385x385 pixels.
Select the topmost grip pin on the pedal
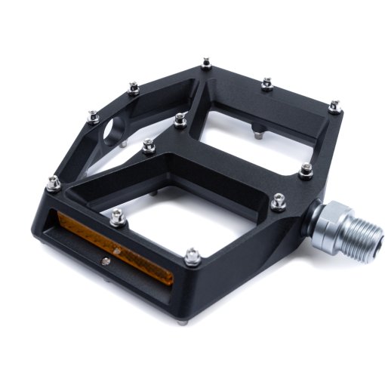(x=205, y=63)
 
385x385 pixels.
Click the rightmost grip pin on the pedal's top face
(x=334, y=106)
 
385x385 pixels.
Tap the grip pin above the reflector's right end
(x=192, y=254)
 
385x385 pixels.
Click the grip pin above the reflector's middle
(x=116, y=217)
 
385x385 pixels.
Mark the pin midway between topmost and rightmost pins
(x=266, y=83)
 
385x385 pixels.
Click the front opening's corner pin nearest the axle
(x=279, y=200)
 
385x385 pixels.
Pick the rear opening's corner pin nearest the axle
(x=306, y=170)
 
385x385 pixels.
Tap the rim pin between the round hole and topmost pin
(x=133, y=88)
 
